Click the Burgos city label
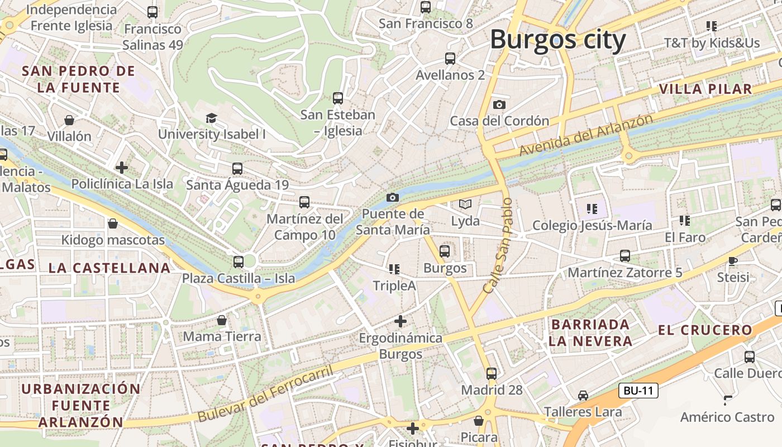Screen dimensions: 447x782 (x=558, y=40)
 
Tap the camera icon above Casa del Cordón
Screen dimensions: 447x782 (x=499, y=104)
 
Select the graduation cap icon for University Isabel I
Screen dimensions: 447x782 (x=211, y=118)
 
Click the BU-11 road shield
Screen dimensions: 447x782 (x=638, y=391)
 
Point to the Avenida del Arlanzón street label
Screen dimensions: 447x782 (x=585, y=135)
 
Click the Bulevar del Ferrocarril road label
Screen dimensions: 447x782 (x=265, y=394)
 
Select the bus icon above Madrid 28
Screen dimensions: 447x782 (x=492, y=373)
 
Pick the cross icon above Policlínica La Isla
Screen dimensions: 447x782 (x=122, y=167)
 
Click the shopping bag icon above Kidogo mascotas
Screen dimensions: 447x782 (x=113, y=223)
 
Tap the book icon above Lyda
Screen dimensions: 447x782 (x=465, y=205)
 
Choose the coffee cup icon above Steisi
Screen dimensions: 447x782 (x=733, y=261)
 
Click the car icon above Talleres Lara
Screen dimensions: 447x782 (x=583, y=395)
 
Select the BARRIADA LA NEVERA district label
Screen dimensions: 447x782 (x=590, y=332)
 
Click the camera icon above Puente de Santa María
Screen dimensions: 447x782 (x=393, y=197)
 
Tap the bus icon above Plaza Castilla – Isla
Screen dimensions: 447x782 (x=239, y=261)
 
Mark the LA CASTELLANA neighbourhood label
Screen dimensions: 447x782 (x=109, y=268)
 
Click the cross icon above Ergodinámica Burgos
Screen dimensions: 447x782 (x=400, y=321)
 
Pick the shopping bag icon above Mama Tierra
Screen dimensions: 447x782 (x=222, y=320)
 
